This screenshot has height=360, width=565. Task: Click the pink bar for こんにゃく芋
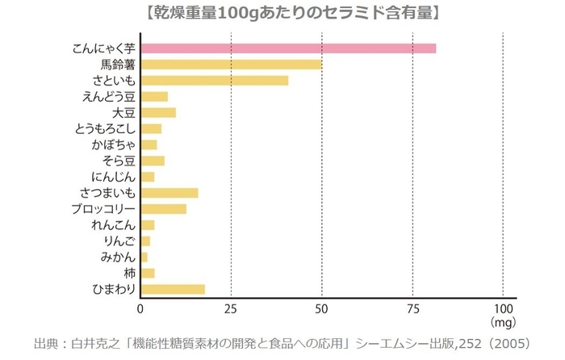(x=288, y=48)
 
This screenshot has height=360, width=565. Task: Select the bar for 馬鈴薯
(x=231, y=65)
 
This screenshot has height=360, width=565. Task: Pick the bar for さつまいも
(x=169, y=193)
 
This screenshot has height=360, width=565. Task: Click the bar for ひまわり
(x=173, y=289)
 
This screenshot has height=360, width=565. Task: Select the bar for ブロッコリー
(x=164, y=209)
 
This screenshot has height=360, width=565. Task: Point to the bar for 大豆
(x=158, y=112)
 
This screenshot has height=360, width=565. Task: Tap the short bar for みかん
(x=144, y=257)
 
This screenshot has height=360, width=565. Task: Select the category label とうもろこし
(x=104, y=128)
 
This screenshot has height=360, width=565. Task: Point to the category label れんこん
(x=113, y=224)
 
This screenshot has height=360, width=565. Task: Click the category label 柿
(x=128, y=273)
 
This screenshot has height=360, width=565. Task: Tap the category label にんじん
(x=113, y=177)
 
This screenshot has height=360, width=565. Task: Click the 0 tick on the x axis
(x=141, y=309)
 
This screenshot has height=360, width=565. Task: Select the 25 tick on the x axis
(x=232, y=309)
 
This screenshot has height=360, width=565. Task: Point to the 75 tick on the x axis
(x=412, y=309)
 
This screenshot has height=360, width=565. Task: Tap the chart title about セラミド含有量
(x=282, y=12)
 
